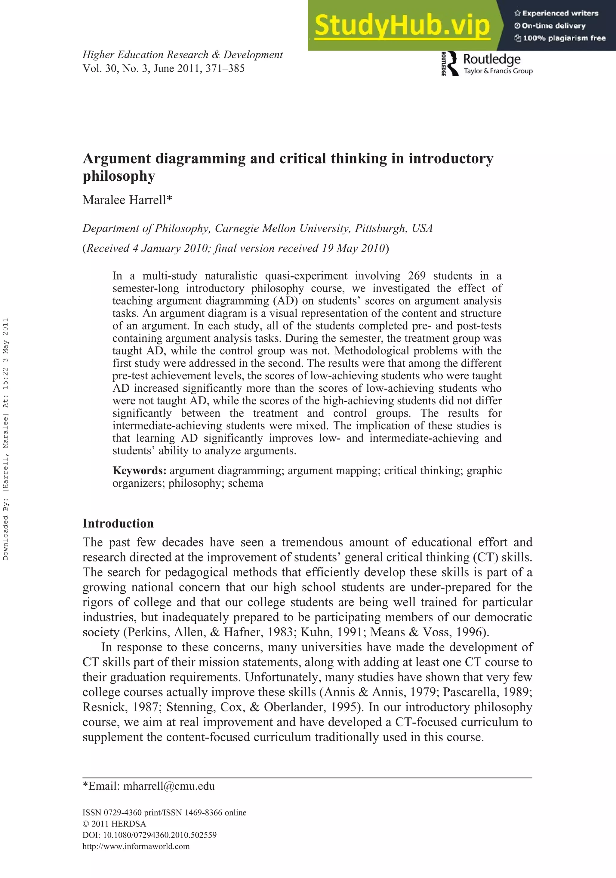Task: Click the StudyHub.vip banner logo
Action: click(x=402, y=25)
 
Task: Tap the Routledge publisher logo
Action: click(x=487, y=63)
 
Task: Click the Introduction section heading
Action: click(x=118, y=523)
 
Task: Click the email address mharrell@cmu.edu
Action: click(x=169, y=786)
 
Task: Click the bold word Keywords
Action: click(x=139, y=470)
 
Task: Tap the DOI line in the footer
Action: click(x=149, y=835)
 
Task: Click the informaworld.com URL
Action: click(x=136, y=846)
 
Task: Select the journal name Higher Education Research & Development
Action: click(x=183, y=55)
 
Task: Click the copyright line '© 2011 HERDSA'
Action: click(x=114, y=824)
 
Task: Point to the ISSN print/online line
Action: click(x=164, y=812)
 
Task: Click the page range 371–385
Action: click(x=225, y=69)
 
